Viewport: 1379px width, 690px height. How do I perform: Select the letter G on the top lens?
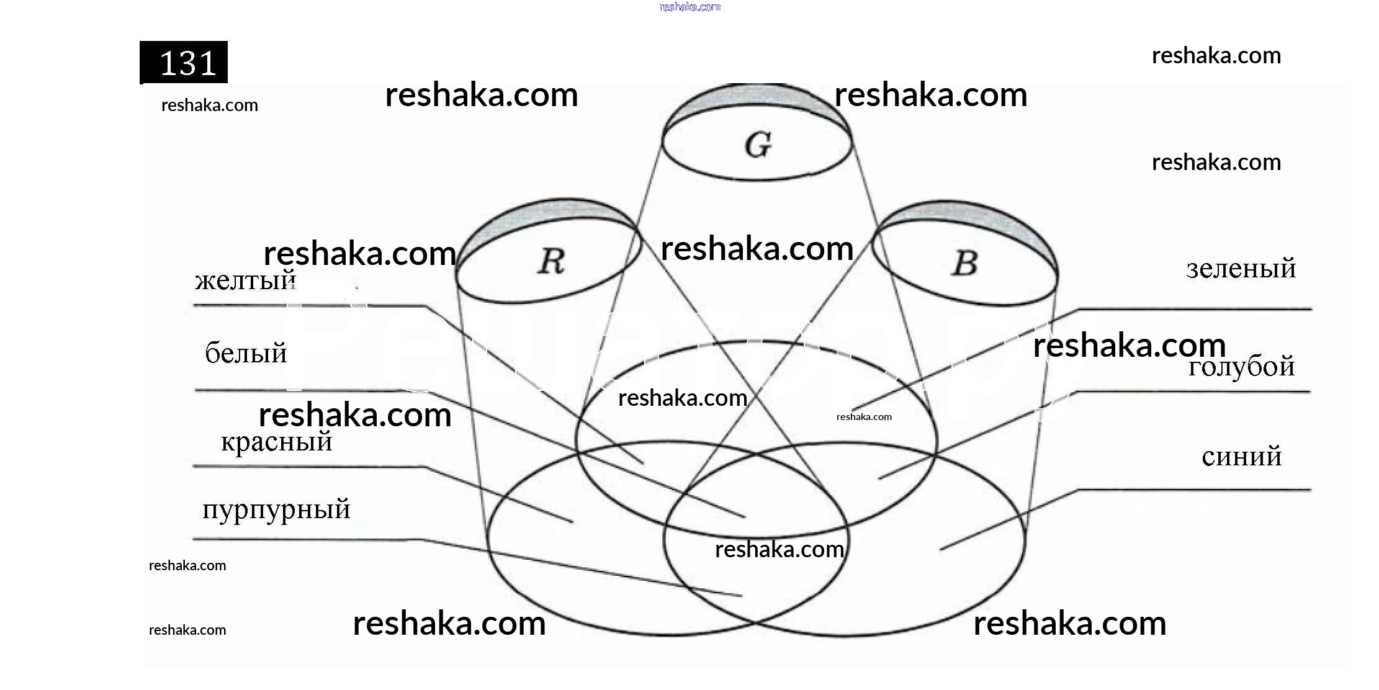[x=758, y=145]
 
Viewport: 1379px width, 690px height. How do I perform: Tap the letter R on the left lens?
[x=551, y=261]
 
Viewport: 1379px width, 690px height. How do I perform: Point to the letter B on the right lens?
[x=964, y=263]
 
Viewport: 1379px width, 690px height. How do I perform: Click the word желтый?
[x=245, y=281]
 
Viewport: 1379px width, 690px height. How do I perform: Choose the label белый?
[x=246, y=354]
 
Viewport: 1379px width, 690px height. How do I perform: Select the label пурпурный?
[x=276, y=510]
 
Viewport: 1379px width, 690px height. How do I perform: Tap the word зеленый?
[x=1241, y=269]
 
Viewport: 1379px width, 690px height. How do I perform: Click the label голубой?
[x=1241, y=367]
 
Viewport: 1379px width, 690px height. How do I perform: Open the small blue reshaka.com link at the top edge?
[x=689, y=7]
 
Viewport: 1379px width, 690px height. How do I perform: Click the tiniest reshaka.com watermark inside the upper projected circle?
[x=864, y=417]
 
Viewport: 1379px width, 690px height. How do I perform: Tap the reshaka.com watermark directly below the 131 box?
[x=209, y=105]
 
